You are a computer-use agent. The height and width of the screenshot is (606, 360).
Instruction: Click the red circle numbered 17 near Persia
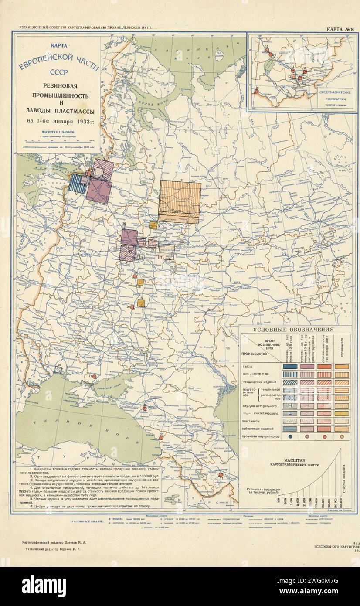click(x=221, y=474)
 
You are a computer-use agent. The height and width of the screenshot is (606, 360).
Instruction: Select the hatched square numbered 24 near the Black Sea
click(x=58, y=369)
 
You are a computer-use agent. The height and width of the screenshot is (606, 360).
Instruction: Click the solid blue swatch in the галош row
click(x=290, y=367)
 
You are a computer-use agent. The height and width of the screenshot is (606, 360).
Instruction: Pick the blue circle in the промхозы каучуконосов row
click(x=290, y=436)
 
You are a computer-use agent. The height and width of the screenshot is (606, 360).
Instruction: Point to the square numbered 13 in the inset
click(x=266, y=50)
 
